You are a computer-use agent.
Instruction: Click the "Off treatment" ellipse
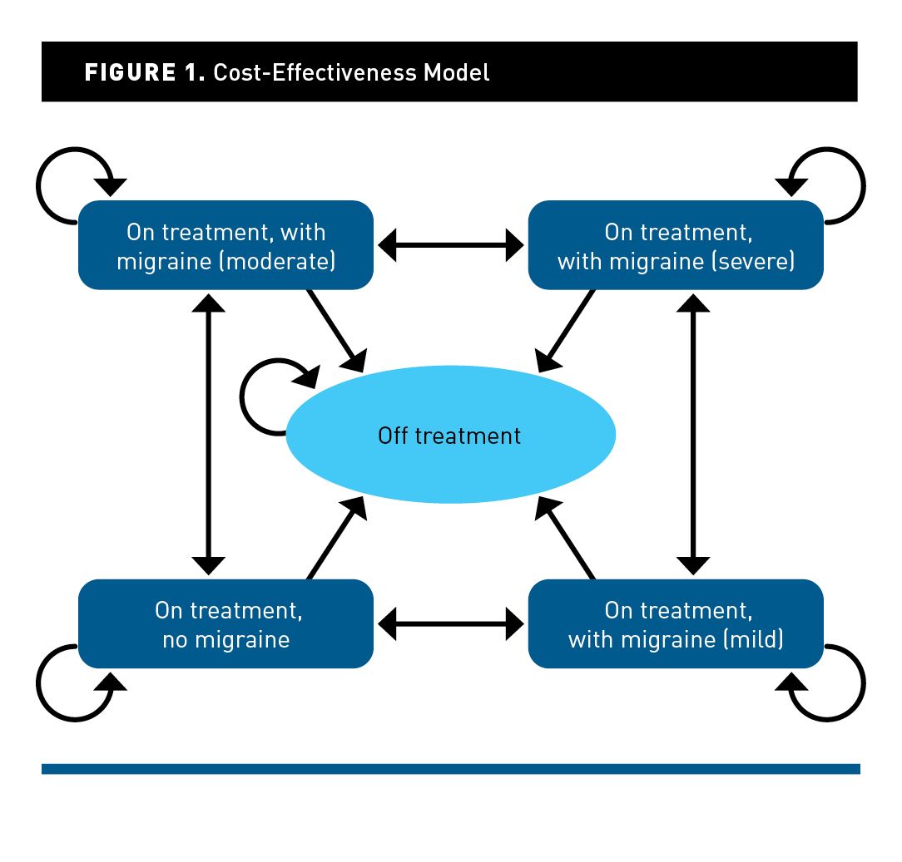pos(450,435)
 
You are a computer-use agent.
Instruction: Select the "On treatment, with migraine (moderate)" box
pos(226,245)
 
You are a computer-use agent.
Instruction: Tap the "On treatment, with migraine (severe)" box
pos(676,245)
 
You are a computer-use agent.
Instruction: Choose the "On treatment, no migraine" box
pos(226,623)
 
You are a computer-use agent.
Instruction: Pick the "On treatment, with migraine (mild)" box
pos(676,623)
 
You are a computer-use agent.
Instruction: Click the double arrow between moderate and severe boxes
pos(450,245)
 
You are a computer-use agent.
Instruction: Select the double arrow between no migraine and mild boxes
pos(450,623)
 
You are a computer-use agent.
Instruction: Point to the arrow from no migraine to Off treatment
pos(336,539)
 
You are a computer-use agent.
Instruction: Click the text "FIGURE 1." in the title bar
pos(144,72)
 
